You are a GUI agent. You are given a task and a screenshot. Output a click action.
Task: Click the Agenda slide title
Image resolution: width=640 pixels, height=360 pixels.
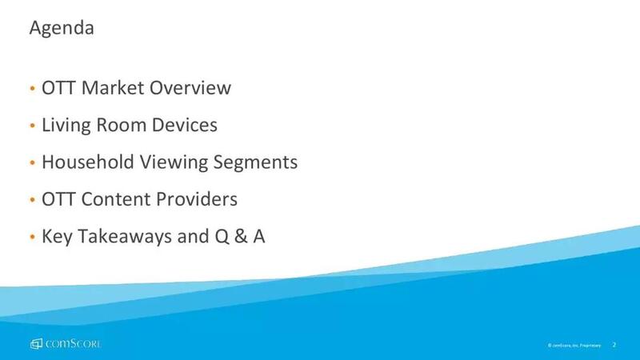point(62,29)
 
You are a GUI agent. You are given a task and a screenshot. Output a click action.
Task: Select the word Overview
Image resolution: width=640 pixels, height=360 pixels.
point(190,88)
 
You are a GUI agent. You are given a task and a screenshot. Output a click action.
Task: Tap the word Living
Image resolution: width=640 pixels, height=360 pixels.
point(66,126)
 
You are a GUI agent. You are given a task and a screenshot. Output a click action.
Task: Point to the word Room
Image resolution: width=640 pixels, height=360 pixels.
point(122,125)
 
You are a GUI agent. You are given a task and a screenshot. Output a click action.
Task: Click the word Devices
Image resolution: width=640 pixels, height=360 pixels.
point(185,125)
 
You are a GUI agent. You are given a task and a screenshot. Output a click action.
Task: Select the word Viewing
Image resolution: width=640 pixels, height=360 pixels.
point(174,163)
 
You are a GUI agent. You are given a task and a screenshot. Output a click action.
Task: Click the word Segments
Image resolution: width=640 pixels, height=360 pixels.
point(255,163)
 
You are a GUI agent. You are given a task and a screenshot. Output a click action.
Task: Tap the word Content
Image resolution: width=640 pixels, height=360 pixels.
point(115,199)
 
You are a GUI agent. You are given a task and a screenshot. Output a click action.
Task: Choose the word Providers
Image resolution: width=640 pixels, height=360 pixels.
point(196,199)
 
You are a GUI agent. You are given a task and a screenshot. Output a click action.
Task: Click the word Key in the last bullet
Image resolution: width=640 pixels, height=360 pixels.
point(57,237)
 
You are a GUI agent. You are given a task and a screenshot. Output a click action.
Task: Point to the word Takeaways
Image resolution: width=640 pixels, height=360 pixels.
point(125,237)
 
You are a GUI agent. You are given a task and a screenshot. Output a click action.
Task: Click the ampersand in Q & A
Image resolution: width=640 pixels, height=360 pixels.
point(242,236)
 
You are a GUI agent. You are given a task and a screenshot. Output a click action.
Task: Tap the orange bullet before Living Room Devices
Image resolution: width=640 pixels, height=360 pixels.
point(33,126)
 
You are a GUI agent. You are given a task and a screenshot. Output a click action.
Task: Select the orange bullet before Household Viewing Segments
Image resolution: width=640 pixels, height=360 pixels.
point(33,162)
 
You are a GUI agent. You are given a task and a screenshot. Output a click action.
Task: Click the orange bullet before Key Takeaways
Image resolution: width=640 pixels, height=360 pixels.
point(33,237)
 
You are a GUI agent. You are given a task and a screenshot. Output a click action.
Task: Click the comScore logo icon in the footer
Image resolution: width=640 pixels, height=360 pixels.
point(36,344)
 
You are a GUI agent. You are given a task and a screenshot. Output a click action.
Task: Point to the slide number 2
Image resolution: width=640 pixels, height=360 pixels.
point(614,345)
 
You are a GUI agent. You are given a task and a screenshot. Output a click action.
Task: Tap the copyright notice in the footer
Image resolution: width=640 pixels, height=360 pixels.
point(574,346)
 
